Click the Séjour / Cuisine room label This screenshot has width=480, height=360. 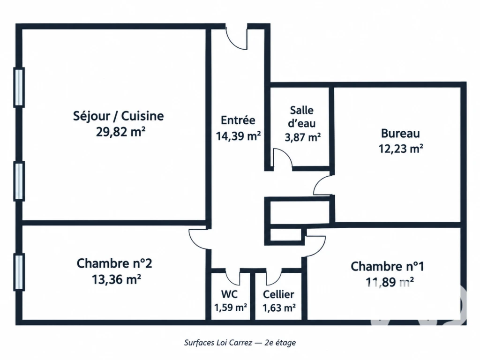118,116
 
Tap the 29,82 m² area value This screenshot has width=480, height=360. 120,132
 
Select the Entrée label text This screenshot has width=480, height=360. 238,120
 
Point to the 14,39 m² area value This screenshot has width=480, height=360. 238,135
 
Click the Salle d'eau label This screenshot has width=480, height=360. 302,117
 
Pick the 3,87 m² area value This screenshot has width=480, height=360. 302,137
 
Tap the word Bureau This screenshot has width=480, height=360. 400,134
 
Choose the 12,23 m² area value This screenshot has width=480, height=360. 401,149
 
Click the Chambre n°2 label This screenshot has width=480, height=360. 114,263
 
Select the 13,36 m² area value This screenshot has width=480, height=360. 116,279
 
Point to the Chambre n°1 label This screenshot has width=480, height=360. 387,266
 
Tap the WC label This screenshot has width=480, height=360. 229,294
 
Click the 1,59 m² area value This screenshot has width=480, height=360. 231,307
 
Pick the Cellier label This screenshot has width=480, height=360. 278,294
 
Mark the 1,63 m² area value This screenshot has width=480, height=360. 279,307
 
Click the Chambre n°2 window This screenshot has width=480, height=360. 19,272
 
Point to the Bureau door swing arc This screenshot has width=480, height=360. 317,184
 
